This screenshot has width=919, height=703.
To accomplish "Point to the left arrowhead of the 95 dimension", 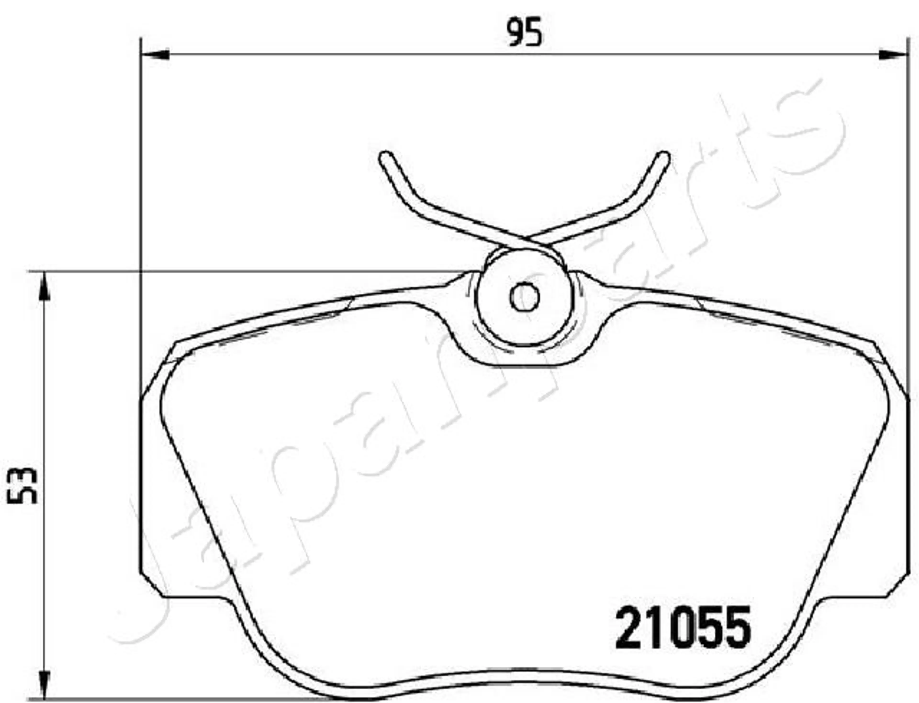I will [156, 55].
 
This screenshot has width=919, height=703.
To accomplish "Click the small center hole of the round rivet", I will [524, 296].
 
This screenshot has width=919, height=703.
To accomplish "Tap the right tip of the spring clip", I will [663, 157].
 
